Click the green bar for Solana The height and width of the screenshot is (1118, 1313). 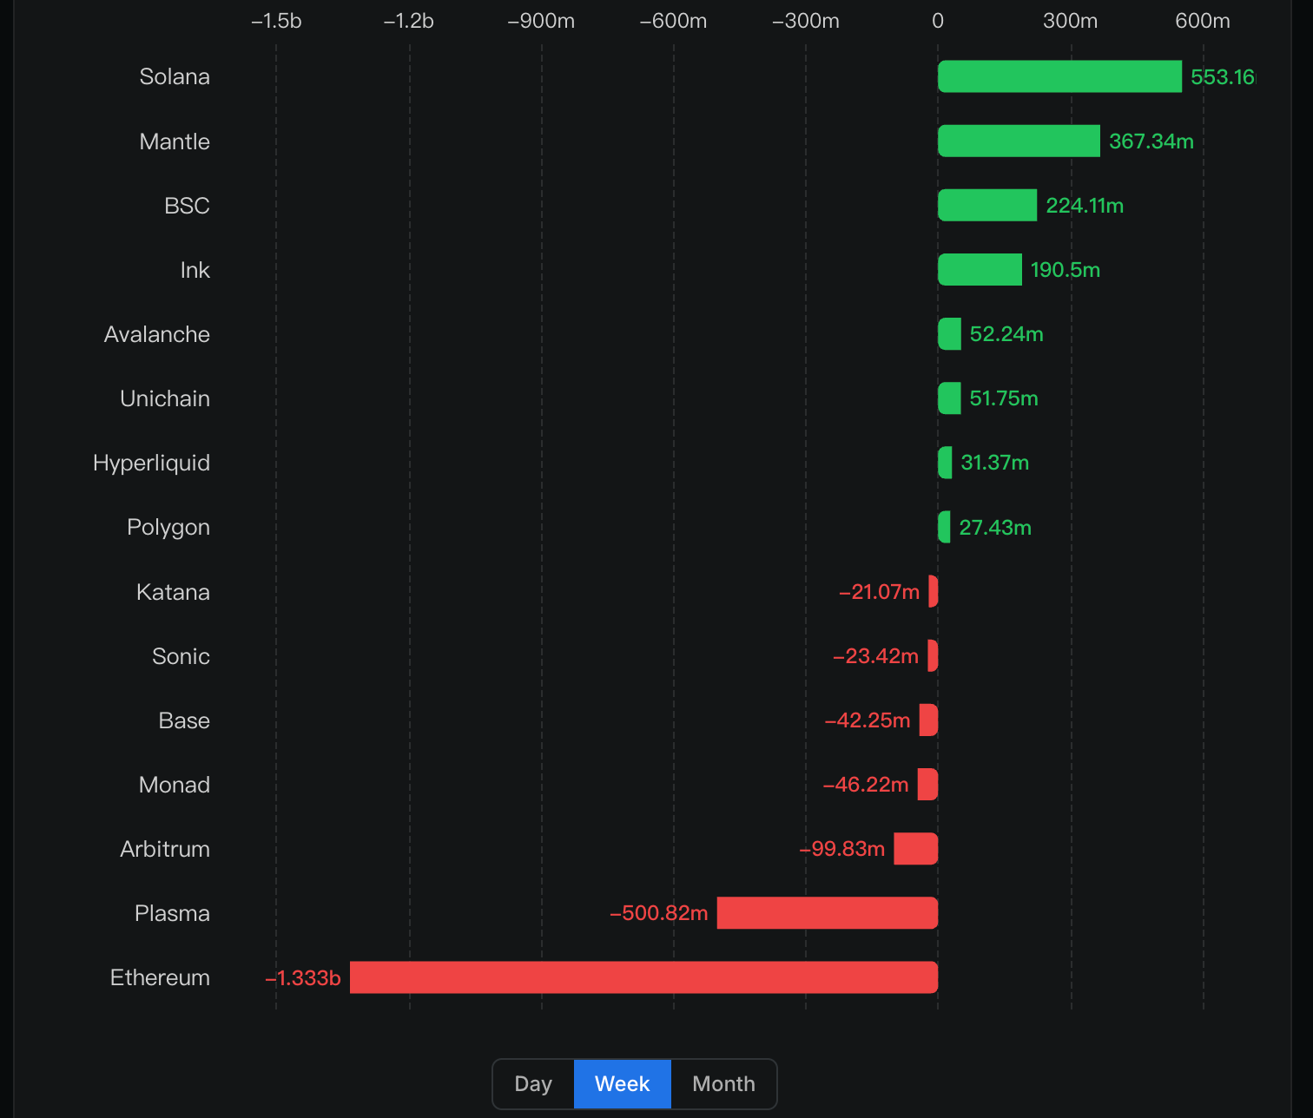point(1059,76)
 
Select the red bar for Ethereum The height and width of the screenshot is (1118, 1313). point(643,977)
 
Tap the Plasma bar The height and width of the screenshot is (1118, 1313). point(827,913)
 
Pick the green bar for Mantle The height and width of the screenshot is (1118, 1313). point(1019,141)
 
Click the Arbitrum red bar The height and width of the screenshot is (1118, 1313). point(915,849)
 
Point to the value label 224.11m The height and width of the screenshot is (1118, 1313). point(1085,206)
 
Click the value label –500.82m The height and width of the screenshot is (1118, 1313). point(659,913)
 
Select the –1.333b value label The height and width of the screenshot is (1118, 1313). point(303,978)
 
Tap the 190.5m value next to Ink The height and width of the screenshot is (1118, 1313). point(1065,270)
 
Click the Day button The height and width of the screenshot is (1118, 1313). point(533,1084)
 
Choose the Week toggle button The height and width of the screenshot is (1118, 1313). point(622,1084)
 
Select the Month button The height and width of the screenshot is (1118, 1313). point(723,1084)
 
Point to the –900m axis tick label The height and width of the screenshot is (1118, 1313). point(541,21)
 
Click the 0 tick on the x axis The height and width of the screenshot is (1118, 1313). point(938,21)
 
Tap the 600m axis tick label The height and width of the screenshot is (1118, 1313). point(1202,21)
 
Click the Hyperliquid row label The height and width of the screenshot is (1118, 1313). point(151,463)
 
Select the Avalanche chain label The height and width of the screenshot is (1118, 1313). point(157,334)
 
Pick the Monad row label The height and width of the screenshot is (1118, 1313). point(175,785)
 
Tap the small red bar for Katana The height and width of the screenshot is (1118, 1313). point(934,591)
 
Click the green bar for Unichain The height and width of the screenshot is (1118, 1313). point(949,398)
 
